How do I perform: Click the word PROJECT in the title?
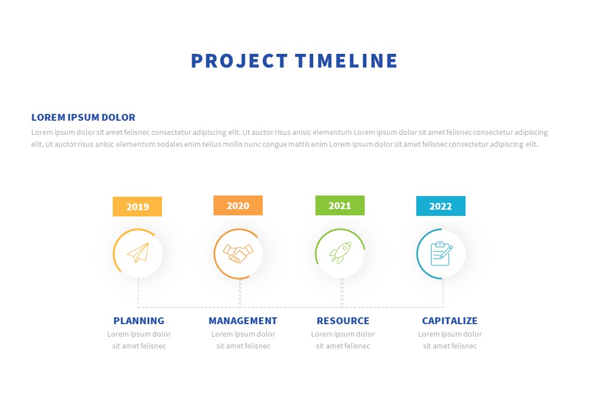(239, 61)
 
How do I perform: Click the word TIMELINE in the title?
(347, 61)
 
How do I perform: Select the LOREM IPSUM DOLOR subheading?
(83, 117)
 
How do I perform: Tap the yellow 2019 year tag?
(137, 206)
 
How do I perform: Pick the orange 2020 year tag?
(238, 205)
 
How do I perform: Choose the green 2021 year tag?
(340, 205)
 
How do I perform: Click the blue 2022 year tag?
(441, 206)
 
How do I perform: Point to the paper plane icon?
(138, 253)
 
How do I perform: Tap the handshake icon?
(238, 253)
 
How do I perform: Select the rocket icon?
(340, 253)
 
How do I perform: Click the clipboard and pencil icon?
(441, 253)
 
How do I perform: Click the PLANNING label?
(139, 321)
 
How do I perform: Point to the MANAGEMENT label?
(243, 321)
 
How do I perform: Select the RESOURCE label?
(343, 321)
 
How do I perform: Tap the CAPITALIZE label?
(450, 321)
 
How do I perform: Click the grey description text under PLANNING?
(139, 340)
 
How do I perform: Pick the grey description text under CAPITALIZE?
(450, 340)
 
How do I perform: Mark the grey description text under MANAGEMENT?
(243, 340)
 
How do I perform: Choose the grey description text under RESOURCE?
(343, 340)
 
